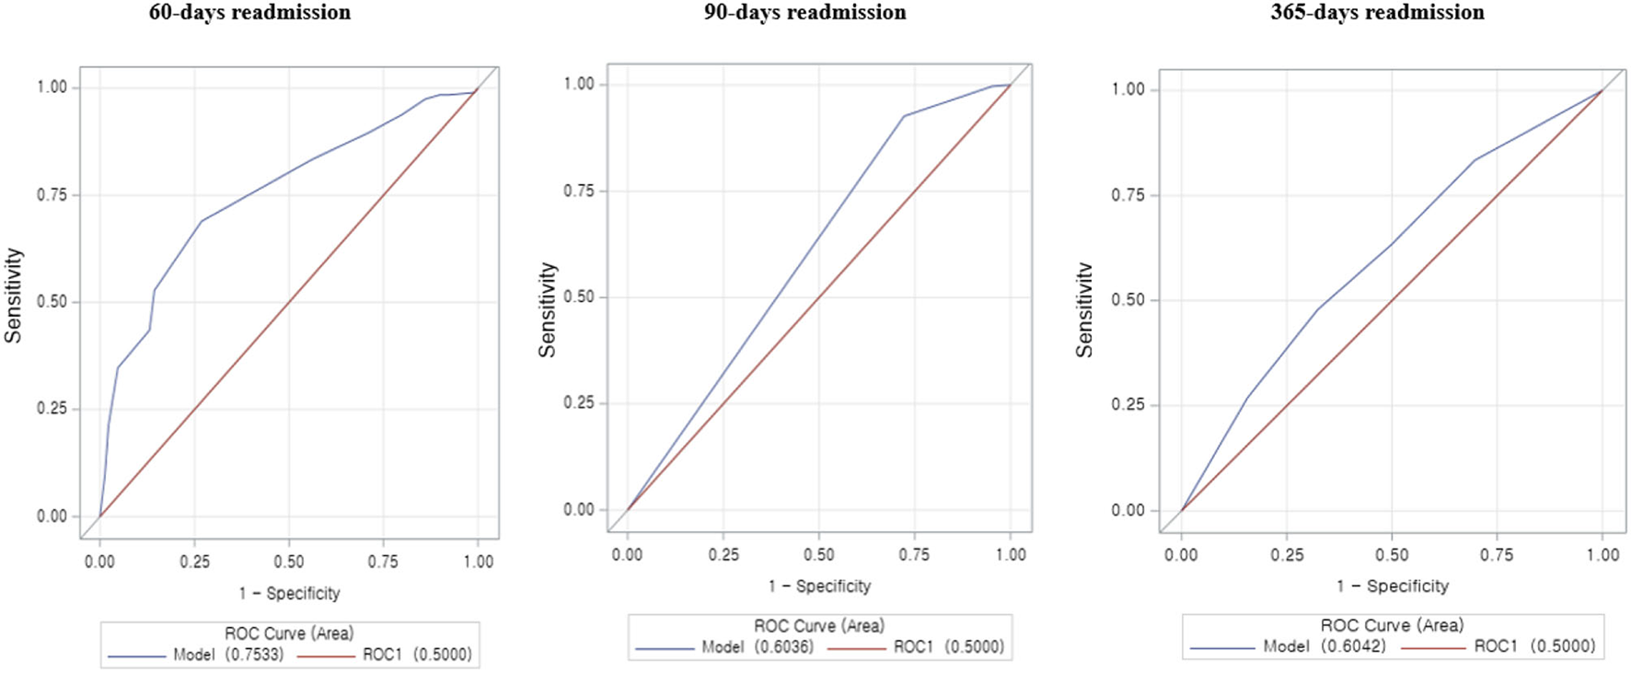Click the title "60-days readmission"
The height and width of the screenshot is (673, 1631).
pos(249,13)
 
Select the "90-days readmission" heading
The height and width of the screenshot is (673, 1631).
pos(804,13)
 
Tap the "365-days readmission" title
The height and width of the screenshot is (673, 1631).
pos(1377,13)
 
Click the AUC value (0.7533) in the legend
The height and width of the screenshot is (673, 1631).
pos(255,655)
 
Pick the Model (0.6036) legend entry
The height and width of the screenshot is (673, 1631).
pos(758,647)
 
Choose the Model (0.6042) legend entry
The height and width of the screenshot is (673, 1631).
pos(1324,646)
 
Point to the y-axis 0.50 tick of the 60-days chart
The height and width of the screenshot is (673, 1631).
pos(52,302)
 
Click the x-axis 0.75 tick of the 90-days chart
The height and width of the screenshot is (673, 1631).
pos(914,554)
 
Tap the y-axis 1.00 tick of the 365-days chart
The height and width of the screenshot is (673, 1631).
pos(1128,89)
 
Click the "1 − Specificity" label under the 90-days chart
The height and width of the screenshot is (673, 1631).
pos(819,586)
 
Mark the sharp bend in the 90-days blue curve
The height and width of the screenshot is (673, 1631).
pos(904,116)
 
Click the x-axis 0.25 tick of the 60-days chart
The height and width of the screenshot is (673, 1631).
pos(194,562)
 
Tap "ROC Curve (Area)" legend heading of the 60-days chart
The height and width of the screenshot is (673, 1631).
pos(289,633)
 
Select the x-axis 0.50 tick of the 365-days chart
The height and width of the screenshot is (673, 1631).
pos(1392,554)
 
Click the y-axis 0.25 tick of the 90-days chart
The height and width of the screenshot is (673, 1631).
pos(579,403)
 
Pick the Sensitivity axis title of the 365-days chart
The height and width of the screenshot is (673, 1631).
pos(1085,309)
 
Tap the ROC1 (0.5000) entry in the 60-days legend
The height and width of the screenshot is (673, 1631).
pos(417,655)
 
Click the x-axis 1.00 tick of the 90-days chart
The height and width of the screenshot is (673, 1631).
pos(1011,554)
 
